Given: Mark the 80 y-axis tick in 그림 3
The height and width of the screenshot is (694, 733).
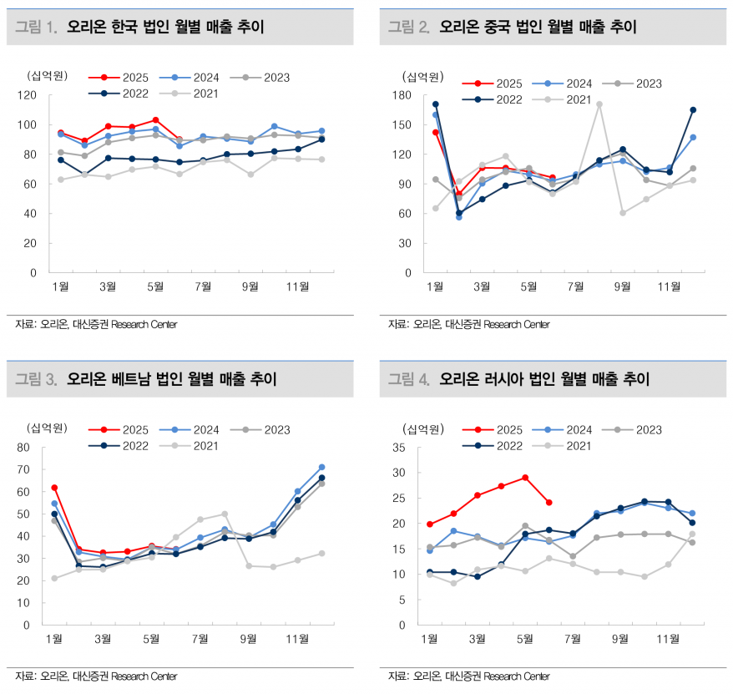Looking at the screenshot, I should tap(30, 448).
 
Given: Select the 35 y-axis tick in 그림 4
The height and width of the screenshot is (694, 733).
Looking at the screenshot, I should tap(402, 448).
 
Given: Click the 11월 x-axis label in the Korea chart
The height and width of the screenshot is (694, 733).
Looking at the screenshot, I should tap(297, 286).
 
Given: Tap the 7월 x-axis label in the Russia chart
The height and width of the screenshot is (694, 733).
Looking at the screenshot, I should tap(574, 639).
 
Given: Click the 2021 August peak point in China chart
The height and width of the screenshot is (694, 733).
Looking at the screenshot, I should tap(599, 104).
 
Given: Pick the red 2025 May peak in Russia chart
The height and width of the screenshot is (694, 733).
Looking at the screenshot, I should tap(525, 478).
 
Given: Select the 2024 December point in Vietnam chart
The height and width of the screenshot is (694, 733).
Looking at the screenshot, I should tap(321, 467).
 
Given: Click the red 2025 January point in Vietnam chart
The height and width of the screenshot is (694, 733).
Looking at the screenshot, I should tap(54, 487).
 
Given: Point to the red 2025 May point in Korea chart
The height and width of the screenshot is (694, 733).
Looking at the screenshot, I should tap(155, 120).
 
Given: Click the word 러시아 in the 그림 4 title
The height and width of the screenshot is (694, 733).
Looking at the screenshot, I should tap(509, 380).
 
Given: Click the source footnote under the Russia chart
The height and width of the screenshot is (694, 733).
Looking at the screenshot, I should tap(468, 676).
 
